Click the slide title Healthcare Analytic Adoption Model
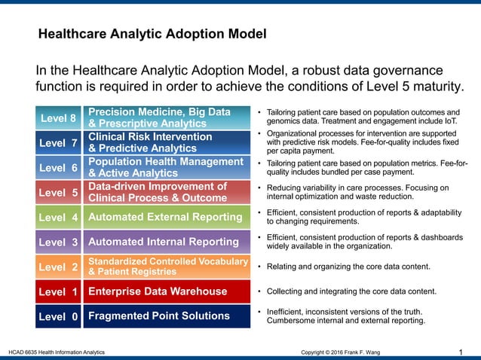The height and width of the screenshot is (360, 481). tap(152, 35)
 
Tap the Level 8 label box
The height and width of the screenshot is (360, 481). tap(58, 118)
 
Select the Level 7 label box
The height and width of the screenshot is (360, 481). tap(58, 142)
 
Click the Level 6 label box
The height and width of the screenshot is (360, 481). tap(58, 168)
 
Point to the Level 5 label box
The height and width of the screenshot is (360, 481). tap(58, 193)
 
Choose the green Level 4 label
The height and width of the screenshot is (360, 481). tap(58, 218)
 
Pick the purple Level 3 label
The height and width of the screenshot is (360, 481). tap(58, 243)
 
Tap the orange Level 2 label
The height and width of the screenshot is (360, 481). tap(58, 267)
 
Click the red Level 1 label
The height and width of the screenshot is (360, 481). tap(58, 291)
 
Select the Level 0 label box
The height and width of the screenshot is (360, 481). tap(58, 316)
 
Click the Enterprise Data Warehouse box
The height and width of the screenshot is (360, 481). tap(166, 291)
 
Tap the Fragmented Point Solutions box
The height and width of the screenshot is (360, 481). tap(166, 316)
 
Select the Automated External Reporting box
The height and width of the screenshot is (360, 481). tap(166, 218)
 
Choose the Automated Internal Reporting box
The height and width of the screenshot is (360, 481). tap(166, 243)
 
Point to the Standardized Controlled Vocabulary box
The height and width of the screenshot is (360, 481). tap(166, 267)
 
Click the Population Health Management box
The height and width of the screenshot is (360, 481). tap(166, 168)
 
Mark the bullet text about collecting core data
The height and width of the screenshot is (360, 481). tap(354, 291)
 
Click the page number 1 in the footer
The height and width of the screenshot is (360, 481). tap(461, 352)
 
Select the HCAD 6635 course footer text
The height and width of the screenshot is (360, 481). tap(57, 352)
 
